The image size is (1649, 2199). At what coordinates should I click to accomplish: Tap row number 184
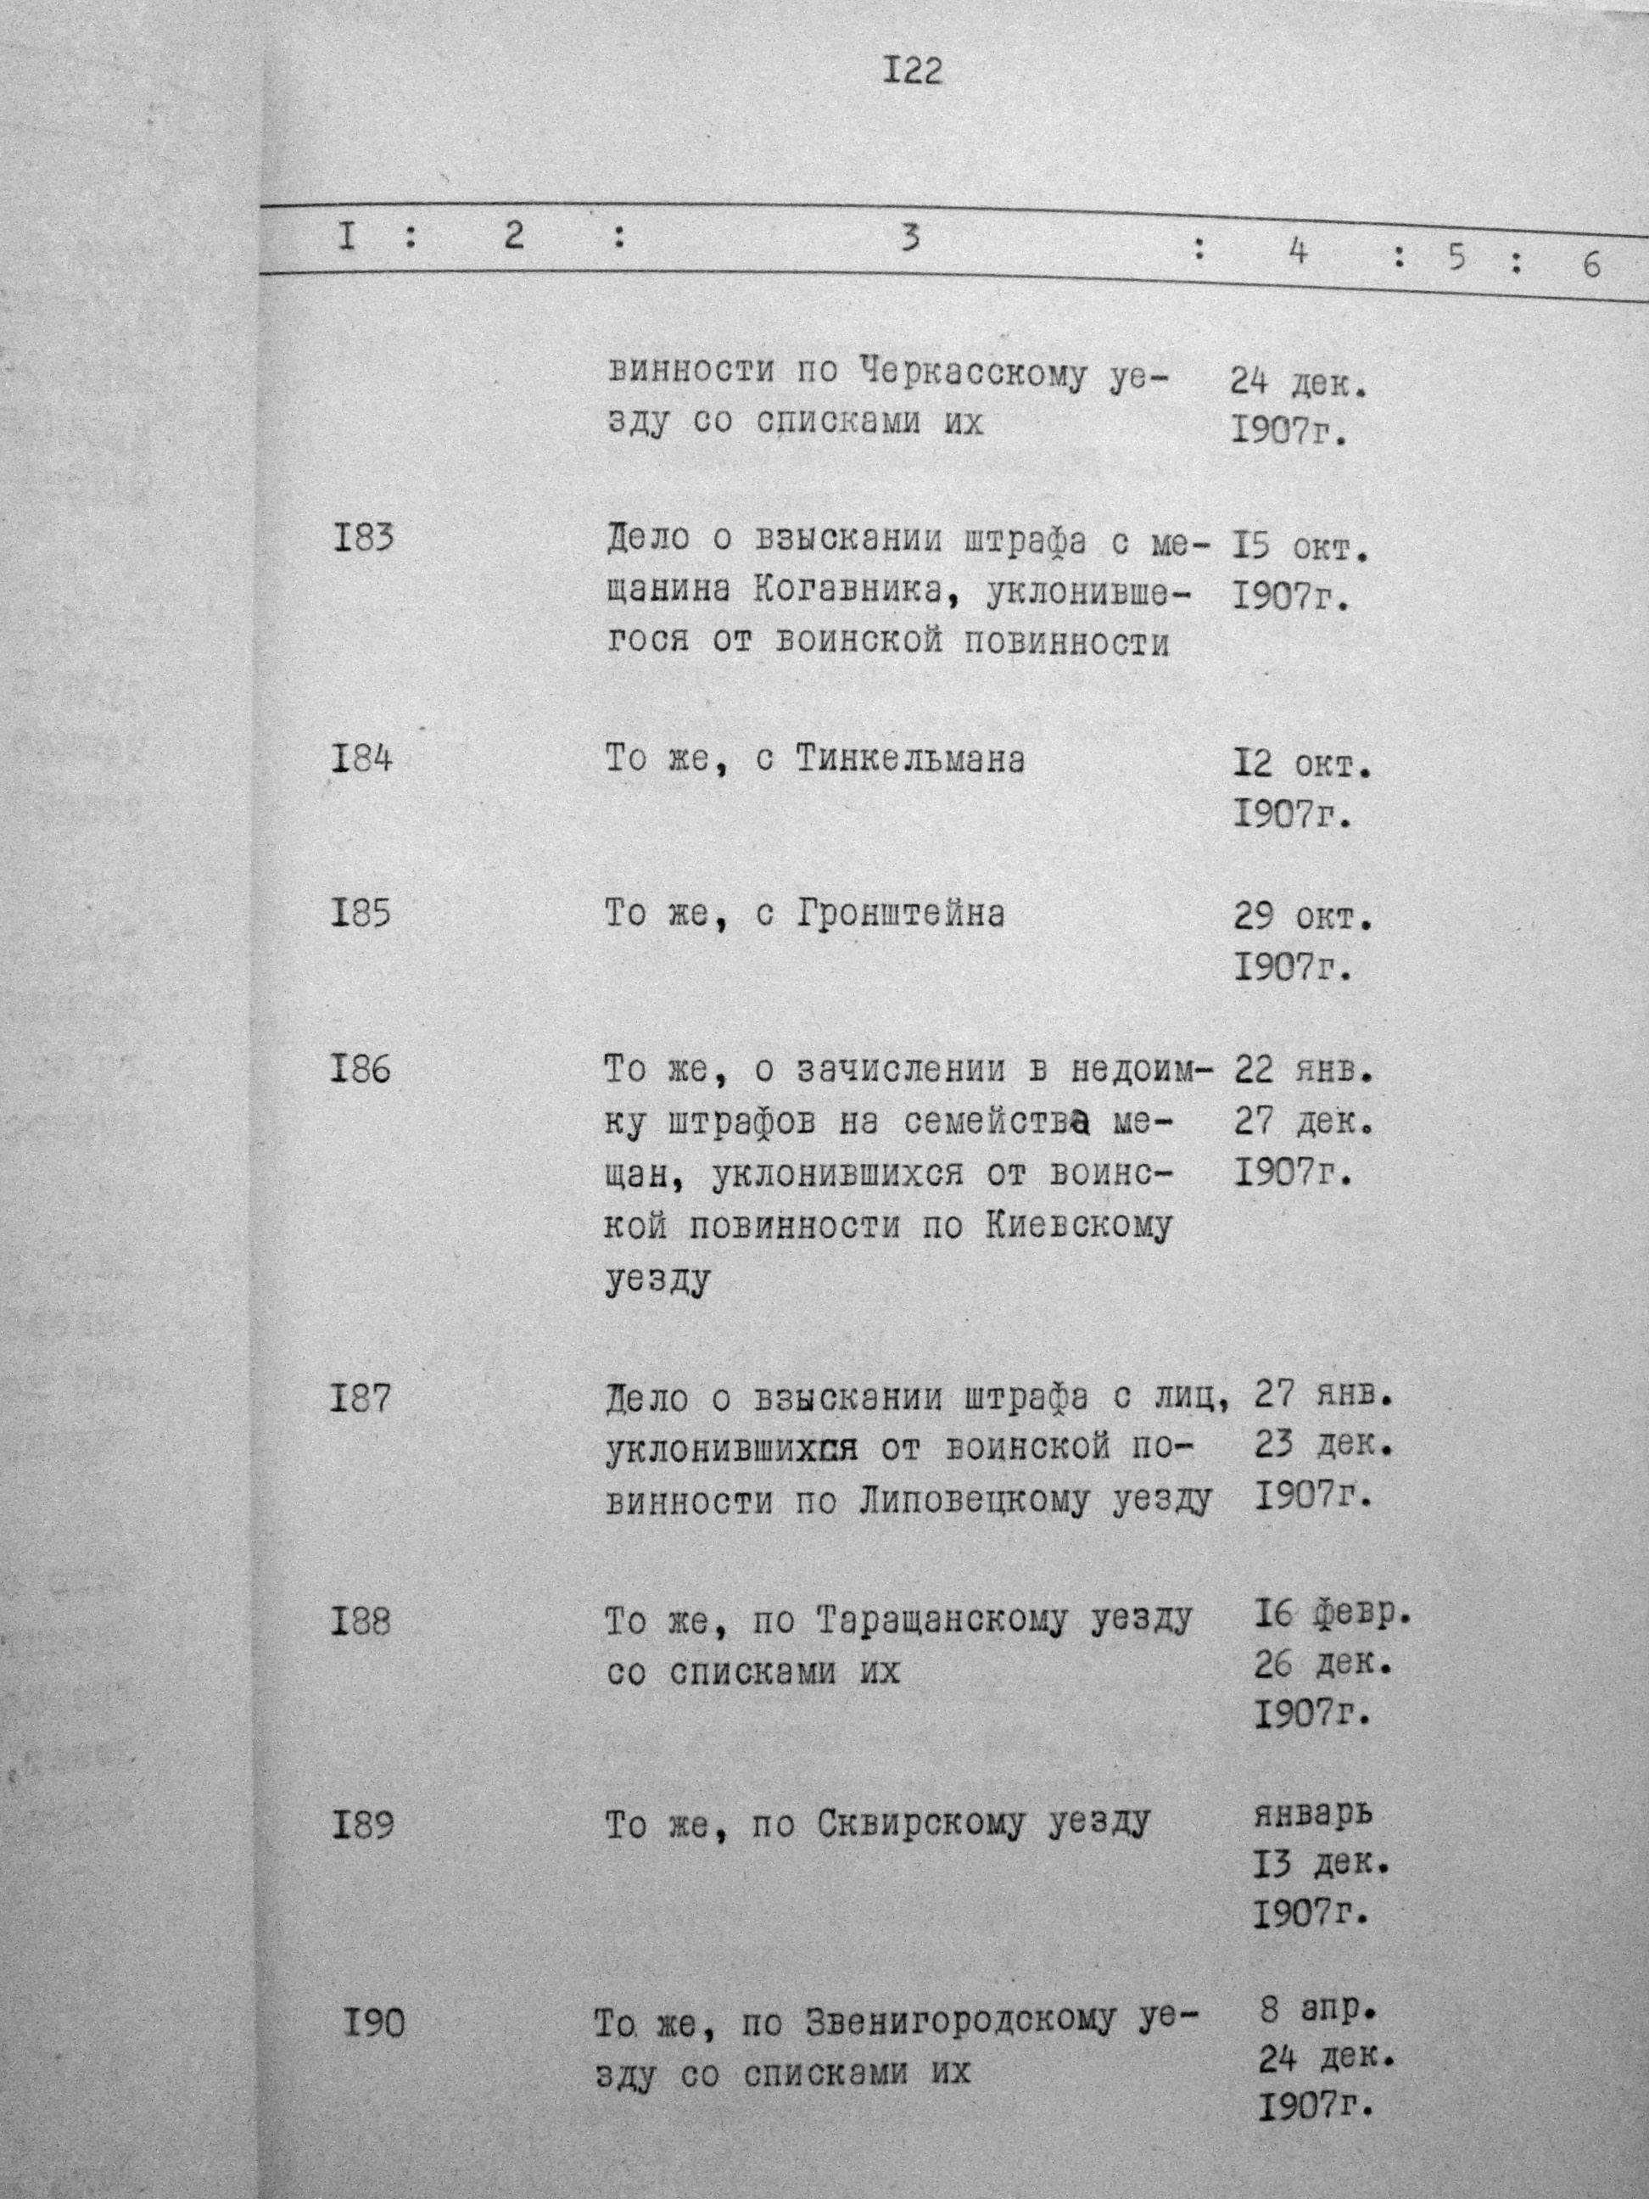(362, 759)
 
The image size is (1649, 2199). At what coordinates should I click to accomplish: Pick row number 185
(362, 913)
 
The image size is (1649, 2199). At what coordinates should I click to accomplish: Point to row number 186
(362, 1069)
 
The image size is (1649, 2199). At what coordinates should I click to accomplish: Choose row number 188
(362, 1621)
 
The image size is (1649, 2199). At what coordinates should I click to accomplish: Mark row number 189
(362, 1825)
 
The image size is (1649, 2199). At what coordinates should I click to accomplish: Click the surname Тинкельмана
(909, 760)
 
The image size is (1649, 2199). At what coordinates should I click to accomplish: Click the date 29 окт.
(1302, 915)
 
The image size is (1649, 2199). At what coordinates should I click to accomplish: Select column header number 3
(908, 238)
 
